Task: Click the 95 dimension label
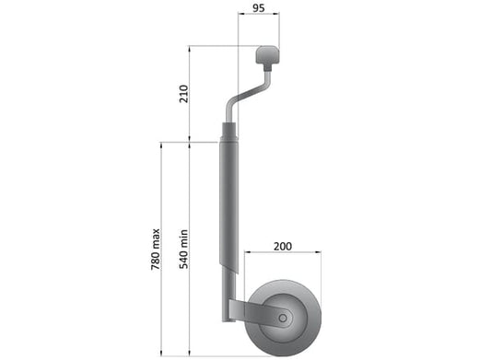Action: click(258, 8)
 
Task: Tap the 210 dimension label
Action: click(183, 94)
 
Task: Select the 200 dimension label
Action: click(283, 247)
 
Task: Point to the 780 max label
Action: click(156, 250)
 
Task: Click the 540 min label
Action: click(183, 250)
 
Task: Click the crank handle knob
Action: click(268, 56)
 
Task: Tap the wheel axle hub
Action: click(283, 319)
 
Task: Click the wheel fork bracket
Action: click(260, 313)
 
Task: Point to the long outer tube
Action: click(228, 206)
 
